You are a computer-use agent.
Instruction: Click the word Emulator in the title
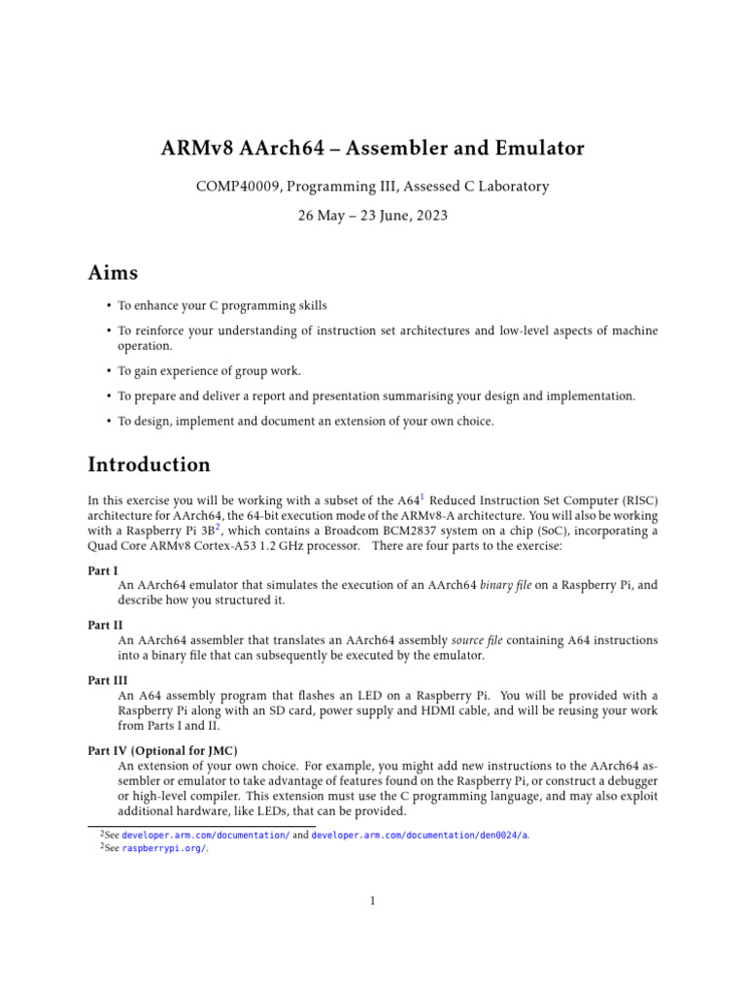click(x=537, y=149)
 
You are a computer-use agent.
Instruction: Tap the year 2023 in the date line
click(x=430, y=216)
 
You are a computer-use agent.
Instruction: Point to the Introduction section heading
click(x=149, y=464)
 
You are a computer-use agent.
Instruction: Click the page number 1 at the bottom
click(x=372, y=901)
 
